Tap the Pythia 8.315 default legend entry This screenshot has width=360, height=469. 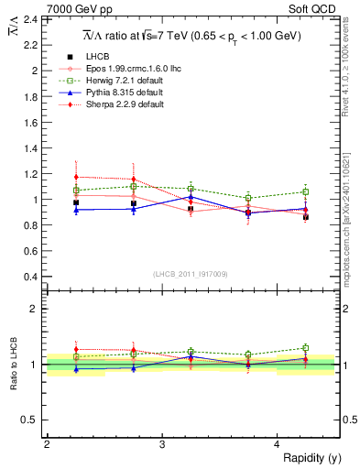tap(115, 93)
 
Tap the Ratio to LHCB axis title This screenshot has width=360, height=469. tap(12, 365)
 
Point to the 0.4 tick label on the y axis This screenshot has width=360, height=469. tap(30, 277)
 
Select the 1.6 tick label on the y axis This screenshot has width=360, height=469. tap(30, 122)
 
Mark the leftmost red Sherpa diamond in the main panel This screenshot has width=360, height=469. tap(76, 177)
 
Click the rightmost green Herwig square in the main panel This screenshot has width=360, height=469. tap(306, 192)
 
